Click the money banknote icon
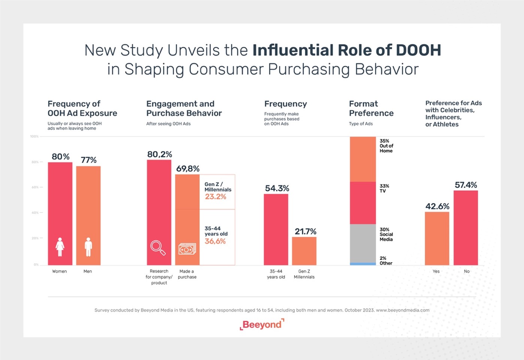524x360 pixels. (187, 249)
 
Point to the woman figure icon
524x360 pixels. (60, 247)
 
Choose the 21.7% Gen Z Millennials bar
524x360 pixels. (304, 251)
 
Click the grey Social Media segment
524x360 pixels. (363, 243)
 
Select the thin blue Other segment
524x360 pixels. (363, 264)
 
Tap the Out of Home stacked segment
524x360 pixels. (363, 159)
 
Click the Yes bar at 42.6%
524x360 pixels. (437, 239)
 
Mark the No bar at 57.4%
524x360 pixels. (466, 228)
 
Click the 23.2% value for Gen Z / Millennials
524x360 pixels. (215, 197)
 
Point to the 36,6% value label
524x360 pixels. (215, 241)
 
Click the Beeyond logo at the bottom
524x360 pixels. (262, 324)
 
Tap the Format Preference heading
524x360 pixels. (371, 108)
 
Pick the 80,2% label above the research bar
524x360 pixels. (160, 154)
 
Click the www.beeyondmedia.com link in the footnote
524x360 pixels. (403, 310)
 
